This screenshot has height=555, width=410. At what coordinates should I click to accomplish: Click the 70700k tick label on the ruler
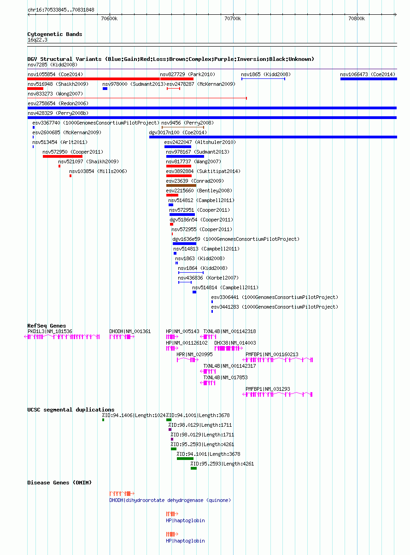click(233, 18)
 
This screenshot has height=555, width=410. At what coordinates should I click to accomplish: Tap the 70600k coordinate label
click(109, 18)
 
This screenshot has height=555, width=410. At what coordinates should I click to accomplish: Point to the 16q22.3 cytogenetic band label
click(37, 40)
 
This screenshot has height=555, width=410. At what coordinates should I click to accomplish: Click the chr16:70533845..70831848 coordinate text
click(61, 10)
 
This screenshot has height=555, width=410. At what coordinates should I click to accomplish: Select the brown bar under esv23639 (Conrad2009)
click(181, 185)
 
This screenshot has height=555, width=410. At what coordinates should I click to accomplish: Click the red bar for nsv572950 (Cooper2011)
click(63, 156)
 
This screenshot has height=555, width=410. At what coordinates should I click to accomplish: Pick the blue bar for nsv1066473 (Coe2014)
click(369, 79)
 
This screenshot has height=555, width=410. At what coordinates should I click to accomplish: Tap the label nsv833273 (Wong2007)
click(55, 94)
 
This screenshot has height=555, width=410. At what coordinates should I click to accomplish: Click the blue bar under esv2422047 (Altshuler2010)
click(178, 147)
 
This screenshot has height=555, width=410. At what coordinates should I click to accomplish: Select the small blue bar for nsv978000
click(105, 89)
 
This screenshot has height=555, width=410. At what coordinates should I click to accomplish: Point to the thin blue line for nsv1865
click(263, 79)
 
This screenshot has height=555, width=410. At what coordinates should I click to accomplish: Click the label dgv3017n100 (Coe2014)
click(178, 132)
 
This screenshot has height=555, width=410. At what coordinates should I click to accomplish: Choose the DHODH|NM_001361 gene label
click(130, 331)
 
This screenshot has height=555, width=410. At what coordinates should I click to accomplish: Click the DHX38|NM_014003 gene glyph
click(228, 348)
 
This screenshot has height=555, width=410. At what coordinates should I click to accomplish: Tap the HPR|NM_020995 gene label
click(194, 354)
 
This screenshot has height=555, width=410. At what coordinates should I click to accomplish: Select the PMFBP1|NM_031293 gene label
click(268, 389)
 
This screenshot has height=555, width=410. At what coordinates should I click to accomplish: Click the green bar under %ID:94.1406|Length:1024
click(103, 420)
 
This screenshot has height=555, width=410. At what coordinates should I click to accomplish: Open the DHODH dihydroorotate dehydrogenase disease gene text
click(170, 500)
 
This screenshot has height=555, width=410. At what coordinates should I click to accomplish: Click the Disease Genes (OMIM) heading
click(59, 483)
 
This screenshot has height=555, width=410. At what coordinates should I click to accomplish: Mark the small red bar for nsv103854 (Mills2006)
click(70, 176)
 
